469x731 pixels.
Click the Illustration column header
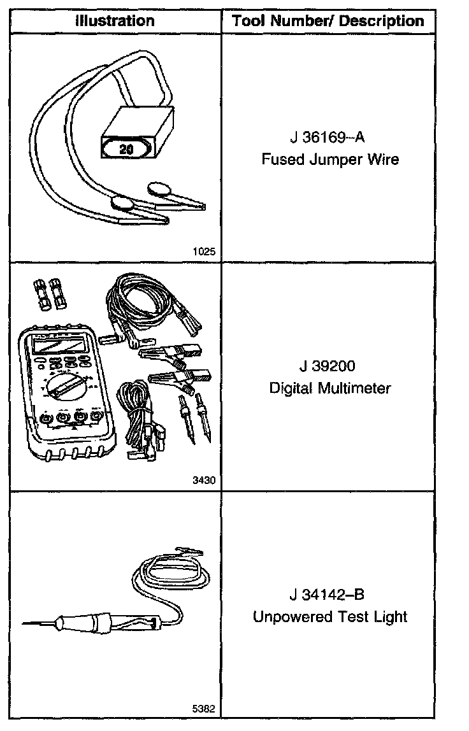point(115,21)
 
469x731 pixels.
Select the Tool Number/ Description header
point(328,21)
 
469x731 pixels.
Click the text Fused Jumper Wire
point(330,159)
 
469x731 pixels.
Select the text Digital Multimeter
point(330,388)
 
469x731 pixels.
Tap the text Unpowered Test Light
point(330,616)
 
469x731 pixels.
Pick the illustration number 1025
point(204,252)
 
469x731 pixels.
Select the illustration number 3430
point(204,481)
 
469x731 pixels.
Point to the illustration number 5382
point(204,708)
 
